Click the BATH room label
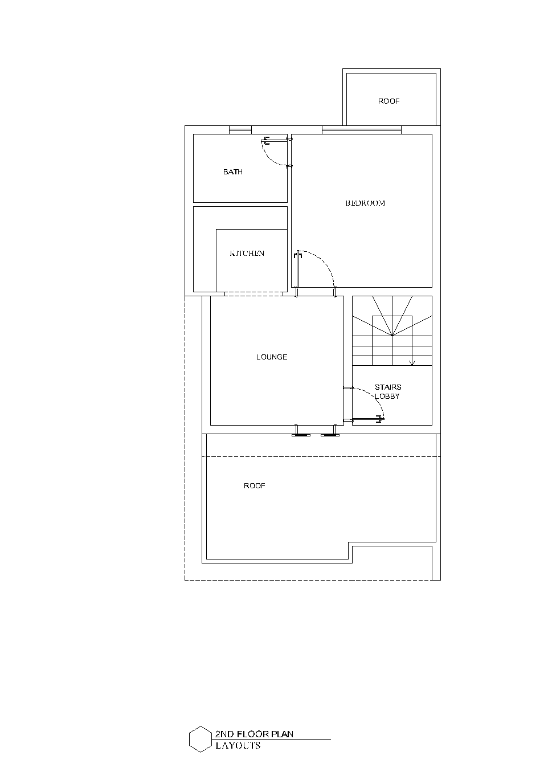[x=233, y=172]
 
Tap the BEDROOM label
[x=365, y=203]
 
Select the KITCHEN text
[x=247, y=253]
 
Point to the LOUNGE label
[x=272, y=357]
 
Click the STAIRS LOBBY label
[x=387, y=391]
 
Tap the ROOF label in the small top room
[x=388, y=101]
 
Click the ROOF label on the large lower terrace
[x=254, y=485]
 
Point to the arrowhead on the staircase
[x=412, y=363]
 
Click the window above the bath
[x=240, y=130]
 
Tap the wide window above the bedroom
[x=362, y=130]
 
